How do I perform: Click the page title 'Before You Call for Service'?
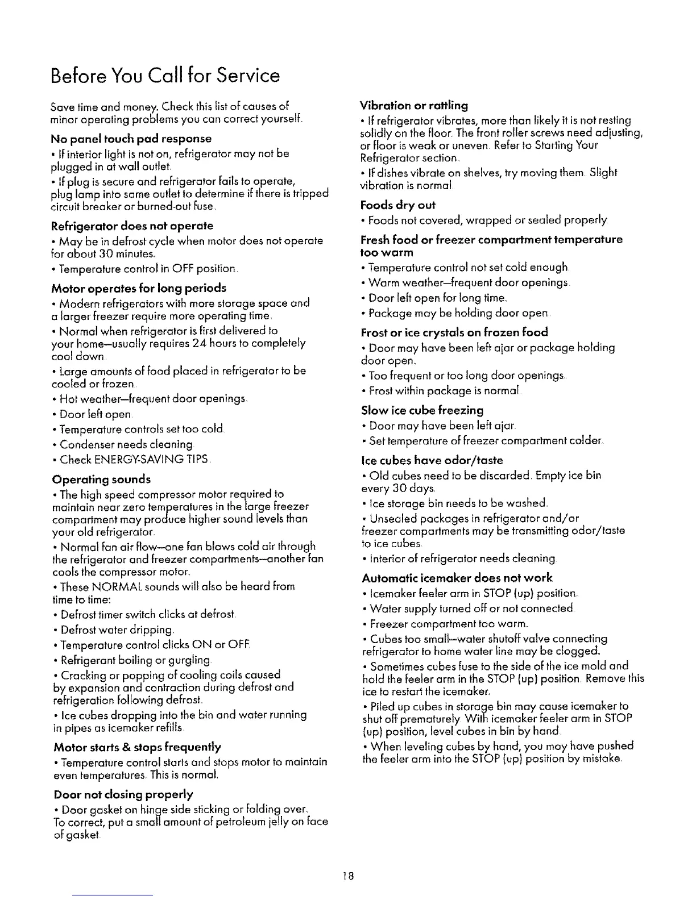pyautogui.click(x=165, y=76)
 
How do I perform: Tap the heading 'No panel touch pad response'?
pyautogui.click(x=131, y=139)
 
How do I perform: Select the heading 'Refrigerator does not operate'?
pyautogui.click(x=132, y=226)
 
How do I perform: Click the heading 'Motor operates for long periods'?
pyautogui.click(x=139, y=288)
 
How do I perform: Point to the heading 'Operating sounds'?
pyautogui.click(x=101, y=479)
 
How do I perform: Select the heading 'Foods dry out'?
pyautogui.click(x=398, y=205)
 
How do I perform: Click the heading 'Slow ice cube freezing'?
pyautogui.click(x=422, y=410)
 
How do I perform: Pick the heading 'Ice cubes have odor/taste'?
pyautogui.click(x=432, y=460)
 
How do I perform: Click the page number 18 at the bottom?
pyautogui.click(x=348, y=876)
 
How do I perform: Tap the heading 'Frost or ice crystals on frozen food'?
pyautogui.click(x=454, y=332)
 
